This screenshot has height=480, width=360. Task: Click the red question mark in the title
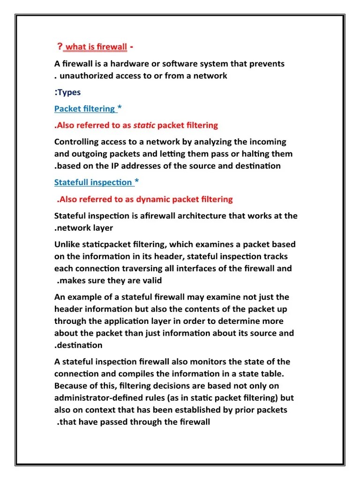click(60, 46)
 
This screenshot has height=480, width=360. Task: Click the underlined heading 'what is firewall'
click(96, 47)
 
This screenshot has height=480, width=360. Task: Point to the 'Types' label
click(69, 92)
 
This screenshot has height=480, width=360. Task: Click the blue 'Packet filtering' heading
click(84, 109)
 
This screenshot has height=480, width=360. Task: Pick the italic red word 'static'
click(144, 125)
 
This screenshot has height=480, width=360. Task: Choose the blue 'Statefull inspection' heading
click(93, 182)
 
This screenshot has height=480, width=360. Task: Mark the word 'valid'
click(150, 281)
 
